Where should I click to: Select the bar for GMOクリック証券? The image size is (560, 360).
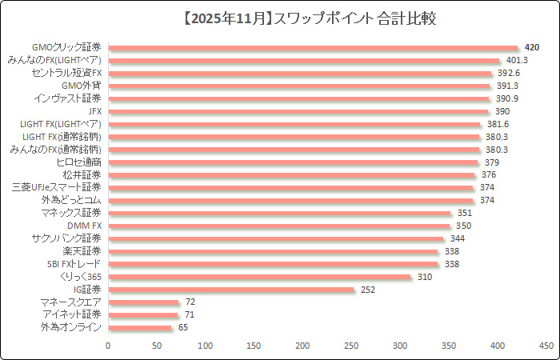pos(313,48)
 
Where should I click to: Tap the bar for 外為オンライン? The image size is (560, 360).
pos(140,328)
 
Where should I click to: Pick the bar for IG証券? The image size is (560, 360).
pos(230,290)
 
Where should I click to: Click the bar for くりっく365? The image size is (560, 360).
pos(259,277)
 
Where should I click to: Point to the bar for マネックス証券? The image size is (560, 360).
pos(279,214)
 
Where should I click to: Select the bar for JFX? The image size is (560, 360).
pos(298,112)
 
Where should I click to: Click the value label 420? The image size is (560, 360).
pos(532,48)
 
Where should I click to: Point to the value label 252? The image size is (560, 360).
pos(368,290)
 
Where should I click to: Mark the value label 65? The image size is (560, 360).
pos(184,328)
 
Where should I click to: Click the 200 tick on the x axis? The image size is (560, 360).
pos(303,346)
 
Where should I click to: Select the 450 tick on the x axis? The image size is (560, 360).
pos(546,346)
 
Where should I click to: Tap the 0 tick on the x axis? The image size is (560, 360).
pos(108,346)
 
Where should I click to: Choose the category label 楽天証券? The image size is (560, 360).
pos(82,251)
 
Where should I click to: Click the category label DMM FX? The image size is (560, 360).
pos(84,226)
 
